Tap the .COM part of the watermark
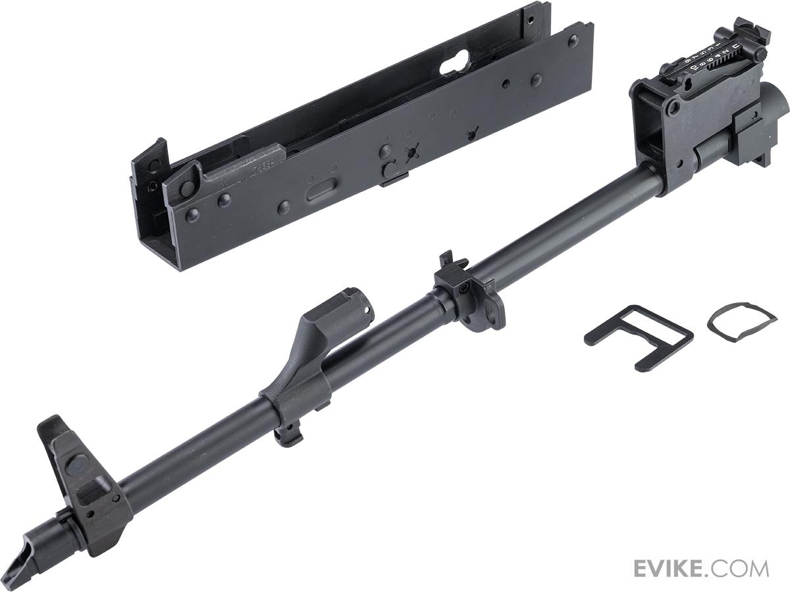click(743, 568)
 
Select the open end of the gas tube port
click(355, 302)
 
